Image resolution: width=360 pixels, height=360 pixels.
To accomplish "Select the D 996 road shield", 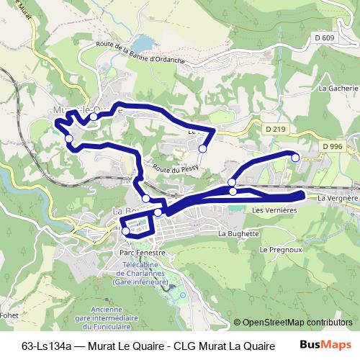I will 333,146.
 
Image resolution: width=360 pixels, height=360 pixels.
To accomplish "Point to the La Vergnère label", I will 336,197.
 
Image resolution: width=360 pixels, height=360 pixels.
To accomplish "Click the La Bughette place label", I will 238,233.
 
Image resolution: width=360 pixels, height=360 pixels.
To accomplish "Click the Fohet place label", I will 10,314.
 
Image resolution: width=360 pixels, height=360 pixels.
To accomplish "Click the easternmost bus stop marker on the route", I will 294,156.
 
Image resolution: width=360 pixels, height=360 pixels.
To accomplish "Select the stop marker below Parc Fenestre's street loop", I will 126,231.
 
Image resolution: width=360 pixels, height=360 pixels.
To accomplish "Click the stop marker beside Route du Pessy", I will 203,148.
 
